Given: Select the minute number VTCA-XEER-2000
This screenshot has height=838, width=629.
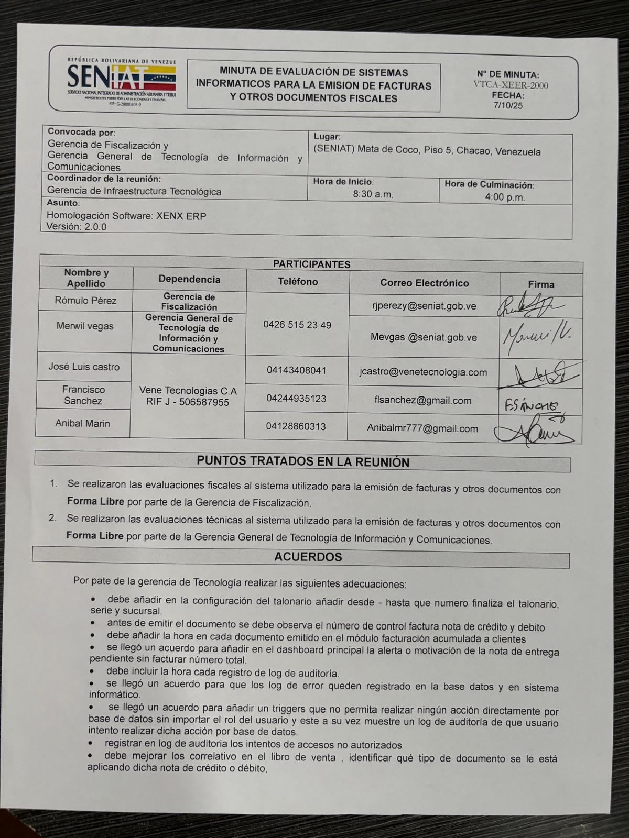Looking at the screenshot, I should point(511,85).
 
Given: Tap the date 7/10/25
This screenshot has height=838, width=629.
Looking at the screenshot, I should point(508,105).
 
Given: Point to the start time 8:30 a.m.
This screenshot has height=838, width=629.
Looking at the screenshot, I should point(373,194).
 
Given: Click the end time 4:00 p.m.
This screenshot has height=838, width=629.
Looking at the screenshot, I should point(504,197).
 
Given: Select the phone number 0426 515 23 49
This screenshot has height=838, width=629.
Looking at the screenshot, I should point(297,325).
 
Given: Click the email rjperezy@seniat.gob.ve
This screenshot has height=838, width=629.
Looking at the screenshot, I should point(424,306).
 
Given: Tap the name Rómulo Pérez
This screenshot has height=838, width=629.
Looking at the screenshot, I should point(85,301).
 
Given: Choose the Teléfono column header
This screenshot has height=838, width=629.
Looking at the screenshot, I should point(298,282).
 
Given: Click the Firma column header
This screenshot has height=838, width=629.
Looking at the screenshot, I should point(541,284).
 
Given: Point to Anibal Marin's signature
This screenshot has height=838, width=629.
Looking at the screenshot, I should point(535,433).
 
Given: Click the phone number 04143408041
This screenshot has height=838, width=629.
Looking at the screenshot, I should point(296,371).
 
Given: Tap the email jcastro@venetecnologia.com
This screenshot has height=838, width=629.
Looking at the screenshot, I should point(423,372).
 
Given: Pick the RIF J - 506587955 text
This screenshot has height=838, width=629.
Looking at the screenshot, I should point(188,402).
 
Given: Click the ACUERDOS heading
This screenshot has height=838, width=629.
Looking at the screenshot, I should point(308,557).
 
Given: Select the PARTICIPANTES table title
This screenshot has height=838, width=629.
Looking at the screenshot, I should point(311,264).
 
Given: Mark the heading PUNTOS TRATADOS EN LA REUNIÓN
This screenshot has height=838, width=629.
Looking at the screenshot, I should point(303,462).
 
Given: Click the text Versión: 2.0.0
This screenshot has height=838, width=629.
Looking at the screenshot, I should point(77,227).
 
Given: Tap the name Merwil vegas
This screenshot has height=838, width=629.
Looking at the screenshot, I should point(85,326).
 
